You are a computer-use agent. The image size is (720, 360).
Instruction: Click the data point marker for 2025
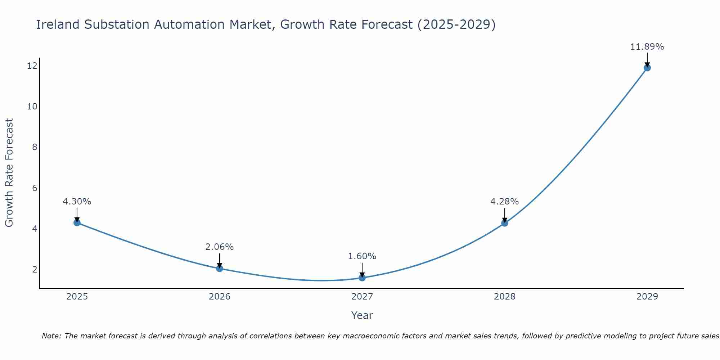pyautogui.click(x=77, y=222)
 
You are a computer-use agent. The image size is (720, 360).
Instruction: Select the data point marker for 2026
pyautogui.click(x=220, y=268)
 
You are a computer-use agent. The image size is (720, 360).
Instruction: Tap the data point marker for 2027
pyautogui.click(x=362, y=278)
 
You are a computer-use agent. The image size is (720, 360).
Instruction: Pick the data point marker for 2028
pyautogui.click(x=505, y=223)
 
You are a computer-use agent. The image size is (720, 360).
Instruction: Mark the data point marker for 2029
pyautogui.click(x=647, y=68)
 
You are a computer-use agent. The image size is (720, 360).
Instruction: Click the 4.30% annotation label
pyautogui.click(x=77, y=202)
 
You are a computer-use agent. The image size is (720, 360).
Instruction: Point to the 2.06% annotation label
pyautogui.click(x=220, y=247)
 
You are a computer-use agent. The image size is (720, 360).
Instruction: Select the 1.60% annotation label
pyautogui.click(x=362, y=256)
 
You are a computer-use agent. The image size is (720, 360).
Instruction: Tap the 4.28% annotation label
pyautogui.click(x=505, y=202)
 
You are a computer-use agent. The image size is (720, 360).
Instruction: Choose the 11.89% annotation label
pyautogui.click(x=647, y=47)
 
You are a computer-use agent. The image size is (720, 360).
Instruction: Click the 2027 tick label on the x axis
pyautogui.click(x=362, y=297)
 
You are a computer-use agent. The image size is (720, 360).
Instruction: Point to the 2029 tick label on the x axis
pyautogui.click(x=647, y=297)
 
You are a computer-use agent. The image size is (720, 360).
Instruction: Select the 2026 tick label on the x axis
pyautogui.click(x=220, y=297)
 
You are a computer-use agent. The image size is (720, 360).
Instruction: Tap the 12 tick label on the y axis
pyautogui.click(x=32, y=66)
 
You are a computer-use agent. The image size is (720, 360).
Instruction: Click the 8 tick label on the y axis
pyautogui.click(x=35, y=147)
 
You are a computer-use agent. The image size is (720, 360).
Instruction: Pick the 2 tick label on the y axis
pyautogui.click(x=35, y=269)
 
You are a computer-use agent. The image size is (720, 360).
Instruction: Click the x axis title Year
pyautogui.click(x=362, y=315)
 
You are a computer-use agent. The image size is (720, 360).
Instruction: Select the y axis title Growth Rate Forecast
pyautogui.click(x=9, y=173)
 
